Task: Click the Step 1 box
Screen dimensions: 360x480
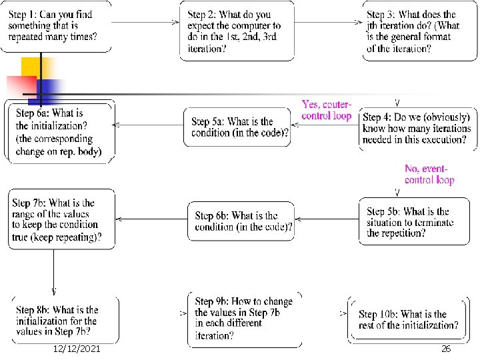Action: coord(56,25)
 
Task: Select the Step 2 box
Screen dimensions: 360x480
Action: coord(237,31)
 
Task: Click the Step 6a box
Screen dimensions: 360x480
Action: coord(61,131)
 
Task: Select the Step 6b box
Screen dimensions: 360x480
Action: coord(242,221)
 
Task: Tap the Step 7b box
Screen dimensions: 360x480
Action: coord(61,219)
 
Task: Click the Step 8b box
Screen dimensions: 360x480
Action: coord(63,320)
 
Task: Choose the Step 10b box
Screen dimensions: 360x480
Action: coord(408,320)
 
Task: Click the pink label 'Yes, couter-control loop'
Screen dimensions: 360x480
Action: coord(326,110)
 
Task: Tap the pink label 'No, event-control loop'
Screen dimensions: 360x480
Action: coord(429,174)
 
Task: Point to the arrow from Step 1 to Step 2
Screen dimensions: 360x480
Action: coord(145,22)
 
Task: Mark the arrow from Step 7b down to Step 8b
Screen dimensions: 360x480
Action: coord(53,272)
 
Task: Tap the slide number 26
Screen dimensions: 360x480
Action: coord(446,349)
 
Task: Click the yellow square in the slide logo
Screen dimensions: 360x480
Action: coord(35,67)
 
